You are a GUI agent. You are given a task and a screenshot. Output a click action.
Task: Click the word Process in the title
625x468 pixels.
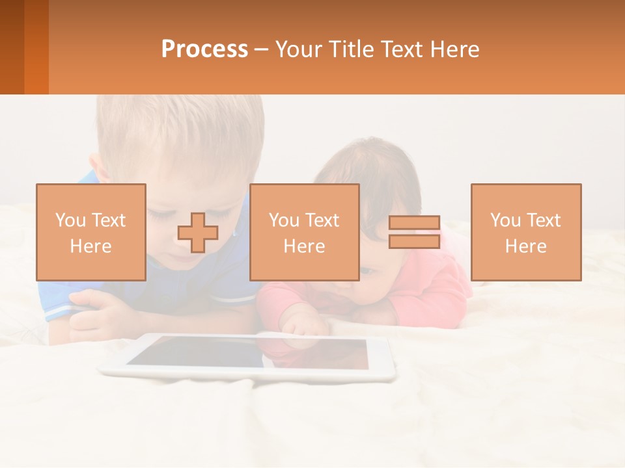(x=204, y=49)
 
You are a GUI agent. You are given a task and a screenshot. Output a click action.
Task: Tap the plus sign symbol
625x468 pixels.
(x=197, y=233)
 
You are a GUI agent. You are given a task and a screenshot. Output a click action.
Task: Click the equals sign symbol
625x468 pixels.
(x=414, y=233)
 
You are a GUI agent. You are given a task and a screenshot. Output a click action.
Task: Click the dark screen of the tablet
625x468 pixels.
(x=247, y=353)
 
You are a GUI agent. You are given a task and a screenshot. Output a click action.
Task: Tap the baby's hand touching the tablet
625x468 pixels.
(x=301, y=322)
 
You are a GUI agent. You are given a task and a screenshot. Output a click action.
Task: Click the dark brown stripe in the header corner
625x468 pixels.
(x=12, y=47)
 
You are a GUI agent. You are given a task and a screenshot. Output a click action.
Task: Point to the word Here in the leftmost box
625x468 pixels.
(x=90, y=246)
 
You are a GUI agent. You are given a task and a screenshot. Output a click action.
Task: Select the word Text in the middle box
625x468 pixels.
(x=323, y=220)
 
